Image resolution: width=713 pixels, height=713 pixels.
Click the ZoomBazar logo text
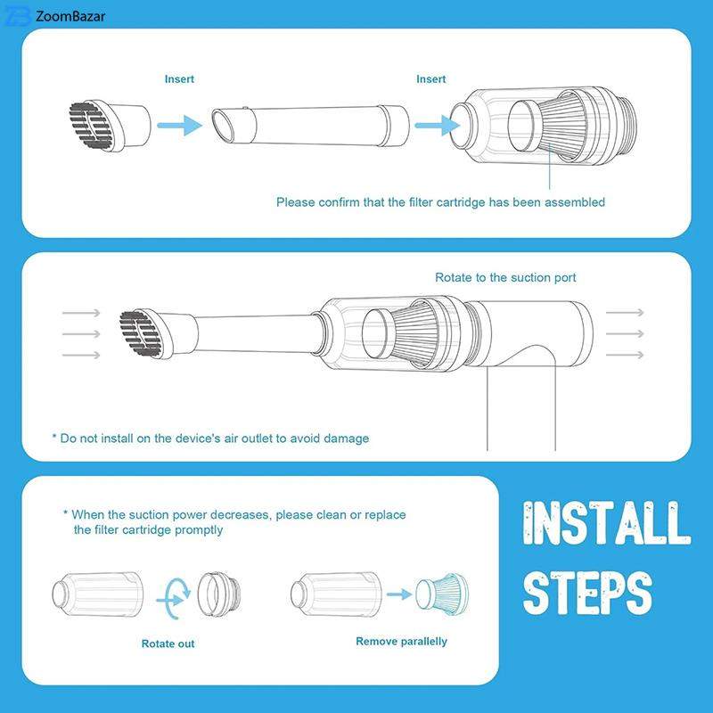pyautogui.click(x=70, y=16)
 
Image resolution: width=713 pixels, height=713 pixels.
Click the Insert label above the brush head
pyautogui.click(x=179, y=79)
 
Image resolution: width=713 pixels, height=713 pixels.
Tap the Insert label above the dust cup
pyautogui.click(x=431, y=79)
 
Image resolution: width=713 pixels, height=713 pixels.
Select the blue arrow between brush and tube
pyautogui.click(x=180, y=125)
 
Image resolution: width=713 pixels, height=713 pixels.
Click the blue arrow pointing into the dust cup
pyautogui.click(x=438, y=125)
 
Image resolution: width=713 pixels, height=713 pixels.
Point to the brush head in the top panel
pyautogui.click(x=110, y=125)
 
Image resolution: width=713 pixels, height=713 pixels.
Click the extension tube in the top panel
pyautogui.click(x=310, y=126)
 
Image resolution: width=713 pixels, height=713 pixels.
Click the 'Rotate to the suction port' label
pyautogui.click(x=505, y=277)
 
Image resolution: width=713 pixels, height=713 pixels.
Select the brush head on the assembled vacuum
pyautogui.click(x=159, y=333)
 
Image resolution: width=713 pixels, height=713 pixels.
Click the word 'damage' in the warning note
pyautogui.click(x=346, y=438)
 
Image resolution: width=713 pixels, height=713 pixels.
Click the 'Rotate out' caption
pyautogui.click(x=168, y=643)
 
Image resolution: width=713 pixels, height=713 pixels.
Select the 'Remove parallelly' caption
pyautogui.click(x=402, y=641)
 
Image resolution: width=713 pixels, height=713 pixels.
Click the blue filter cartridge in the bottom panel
pyautogui.click(x=442, y=594)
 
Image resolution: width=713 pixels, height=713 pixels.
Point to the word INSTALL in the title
pyautogui.click(x=606, y=523)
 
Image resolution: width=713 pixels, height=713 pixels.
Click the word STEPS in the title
pyautogui.click(x=587, y=592)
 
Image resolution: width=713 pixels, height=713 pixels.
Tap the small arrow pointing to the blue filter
pyautogui.click(x=399, y=594)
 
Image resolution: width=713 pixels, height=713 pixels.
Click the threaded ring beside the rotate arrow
pyautogui.click(x=219, y=594)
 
